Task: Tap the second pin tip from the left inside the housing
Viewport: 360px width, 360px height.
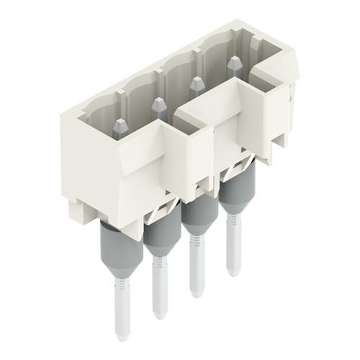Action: tap(158, 108)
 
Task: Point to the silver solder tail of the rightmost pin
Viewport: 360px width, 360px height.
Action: tap(232, 248)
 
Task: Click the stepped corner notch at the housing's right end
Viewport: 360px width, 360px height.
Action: tap(274, 72)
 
